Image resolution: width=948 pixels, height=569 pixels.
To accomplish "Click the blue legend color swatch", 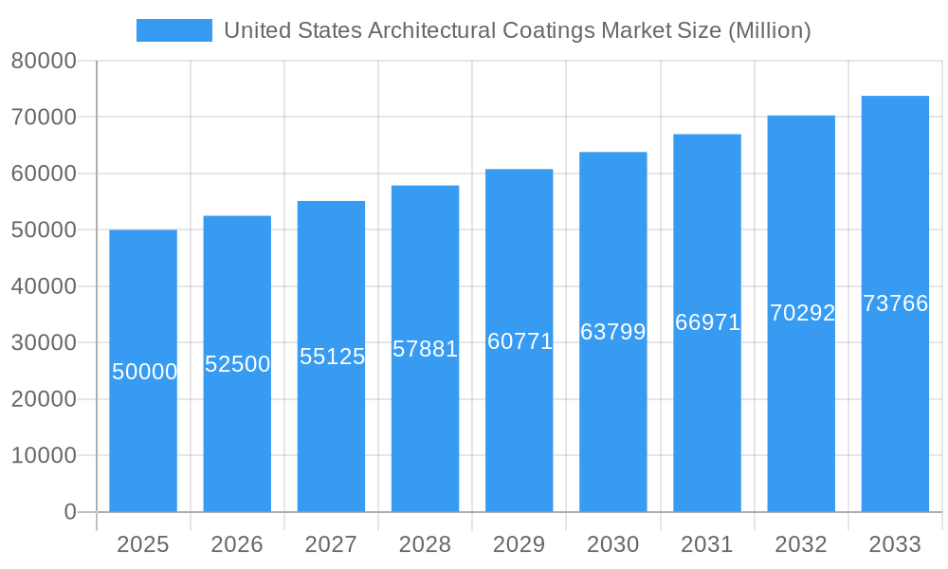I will (x=174, y=30).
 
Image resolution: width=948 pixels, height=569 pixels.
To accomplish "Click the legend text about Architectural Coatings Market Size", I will (x=517, y=30).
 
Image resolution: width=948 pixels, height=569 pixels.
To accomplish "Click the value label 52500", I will (x=238, y=364).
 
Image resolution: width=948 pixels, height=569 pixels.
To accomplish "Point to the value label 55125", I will (x=332, y=357).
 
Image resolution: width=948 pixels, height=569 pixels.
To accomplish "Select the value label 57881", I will (x=426, y=349).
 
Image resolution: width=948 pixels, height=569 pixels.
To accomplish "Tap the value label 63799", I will (x=613, y=332).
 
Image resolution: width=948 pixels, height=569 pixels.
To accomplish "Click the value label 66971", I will (x=707, y=322).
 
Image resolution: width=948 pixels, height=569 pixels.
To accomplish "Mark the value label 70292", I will (x=802, y=313).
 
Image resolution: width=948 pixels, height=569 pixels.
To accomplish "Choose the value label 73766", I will (x=895, y=303).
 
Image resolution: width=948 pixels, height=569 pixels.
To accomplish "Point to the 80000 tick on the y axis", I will (x=44, y=61).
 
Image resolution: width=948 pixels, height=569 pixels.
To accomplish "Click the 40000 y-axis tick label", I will (x=44, y=286).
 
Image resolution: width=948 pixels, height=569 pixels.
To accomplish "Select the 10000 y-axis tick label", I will (x=44, y=455).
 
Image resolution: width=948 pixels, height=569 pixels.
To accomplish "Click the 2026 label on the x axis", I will (x=237, y=544).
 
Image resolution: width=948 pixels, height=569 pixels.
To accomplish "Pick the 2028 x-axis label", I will (x=425, y=544).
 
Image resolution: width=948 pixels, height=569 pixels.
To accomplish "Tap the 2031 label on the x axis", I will (x=707, y=544).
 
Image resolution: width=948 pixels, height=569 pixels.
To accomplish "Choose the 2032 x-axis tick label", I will (x=801, y=544).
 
